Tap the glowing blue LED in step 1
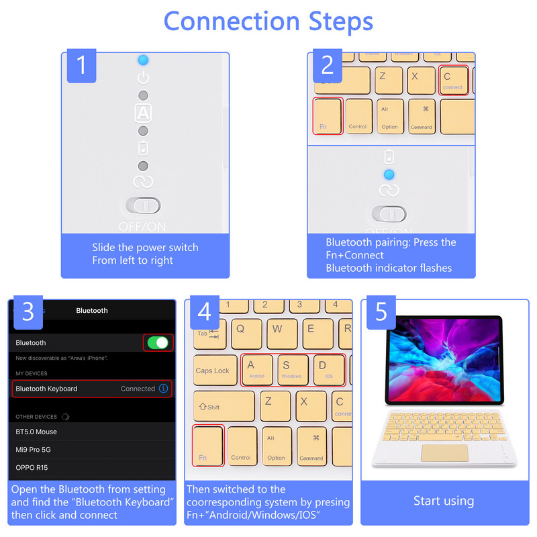(143, 60)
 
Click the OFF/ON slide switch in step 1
(143, 205)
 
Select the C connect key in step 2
(454, 81)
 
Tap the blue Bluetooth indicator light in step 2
(389, 175)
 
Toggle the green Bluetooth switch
(158, 342)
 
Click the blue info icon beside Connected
(163, 389)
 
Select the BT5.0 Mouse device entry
(37, 432)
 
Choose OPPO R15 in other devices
(32, 467)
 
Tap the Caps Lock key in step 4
(213, 371)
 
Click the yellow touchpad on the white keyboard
(445, 452)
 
